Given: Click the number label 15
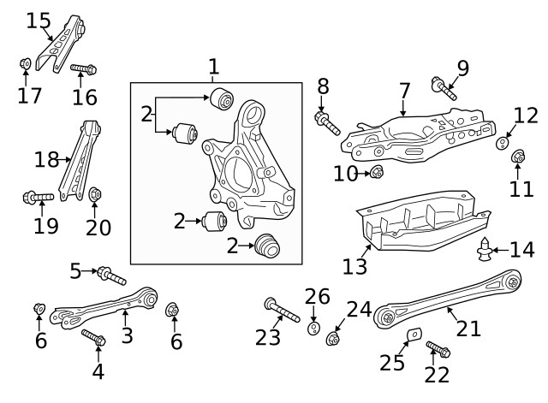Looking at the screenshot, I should click(39, 20).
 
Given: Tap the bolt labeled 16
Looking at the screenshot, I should click(83, 68).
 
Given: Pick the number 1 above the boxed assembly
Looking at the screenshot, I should click(213, 66).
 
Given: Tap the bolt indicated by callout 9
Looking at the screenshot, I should click(445, 87).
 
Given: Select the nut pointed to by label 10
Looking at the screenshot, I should click(377, 174).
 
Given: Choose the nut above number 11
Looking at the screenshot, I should click(518, 157).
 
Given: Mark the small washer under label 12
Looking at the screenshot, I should click(503, 142).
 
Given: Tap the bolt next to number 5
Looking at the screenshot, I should click(111, 276).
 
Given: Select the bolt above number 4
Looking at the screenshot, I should click(93, 338).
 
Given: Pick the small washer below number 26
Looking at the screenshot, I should click(313, 329).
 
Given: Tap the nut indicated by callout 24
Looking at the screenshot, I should click(333, 340).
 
